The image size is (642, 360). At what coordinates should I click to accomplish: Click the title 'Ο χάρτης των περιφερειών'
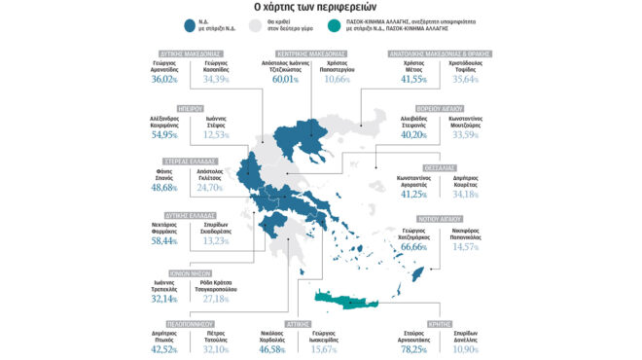click(x=321, y=8)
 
